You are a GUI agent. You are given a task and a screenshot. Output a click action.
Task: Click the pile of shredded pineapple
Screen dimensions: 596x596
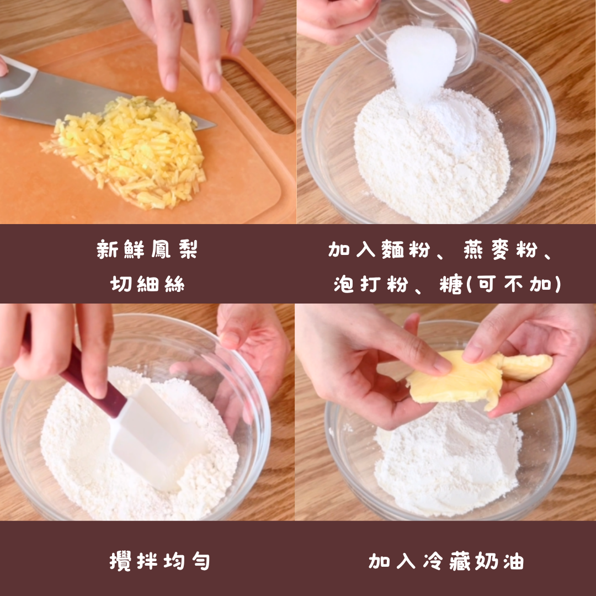pyautogui.click(x=125, y=152)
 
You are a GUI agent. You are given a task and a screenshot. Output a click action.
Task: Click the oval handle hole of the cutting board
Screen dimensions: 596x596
pyautogui.click(x=258, y=95)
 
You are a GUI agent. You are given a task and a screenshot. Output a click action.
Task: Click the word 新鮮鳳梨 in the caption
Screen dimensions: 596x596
pyautogui.click(x=147, y=250)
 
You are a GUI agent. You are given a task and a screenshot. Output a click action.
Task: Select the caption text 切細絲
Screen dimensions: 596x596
pyautogui.click(x=147, y=284)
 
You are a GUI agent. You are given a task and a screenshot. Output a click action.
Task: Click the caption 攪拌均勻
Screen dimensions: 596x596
pyautogui.click(x=159, y=561)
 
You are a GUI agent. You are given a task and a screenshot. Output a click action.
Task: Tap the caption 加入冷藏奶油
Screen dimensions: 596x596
pyautogui.click(x=446, y=561)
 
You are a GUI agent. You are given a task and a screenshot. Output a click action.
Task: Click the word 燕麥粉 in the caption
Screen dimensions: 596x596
pyautogui.click(x=500, y=250)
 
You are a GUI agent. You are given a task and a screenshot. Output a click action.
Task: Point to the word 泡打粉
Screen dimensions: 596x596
pyautogui.click(x=371, y=284)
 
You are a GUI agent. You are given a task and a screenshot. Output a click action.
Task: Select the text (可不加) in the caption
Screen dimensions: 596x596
pyautogui.click(x=514, y=284)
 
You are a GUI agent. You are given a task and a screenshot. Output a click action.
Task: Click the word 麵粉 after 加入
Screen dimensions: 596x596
pyautogui.click(x=406, y=250)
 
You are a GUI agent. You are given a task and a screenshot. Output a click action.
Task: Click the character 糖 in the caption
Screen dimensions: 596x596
pyautogui.click(x=451, y=284)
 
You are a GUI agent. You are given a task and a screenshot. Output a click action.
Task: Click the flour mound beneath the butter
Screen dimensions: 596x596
pyautogui.click(x=449, y=460)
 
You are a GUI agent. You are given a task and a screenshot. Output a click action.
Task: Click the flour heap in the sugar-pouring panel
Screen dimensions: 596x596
pyautogui.click(x=432, y=156)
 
